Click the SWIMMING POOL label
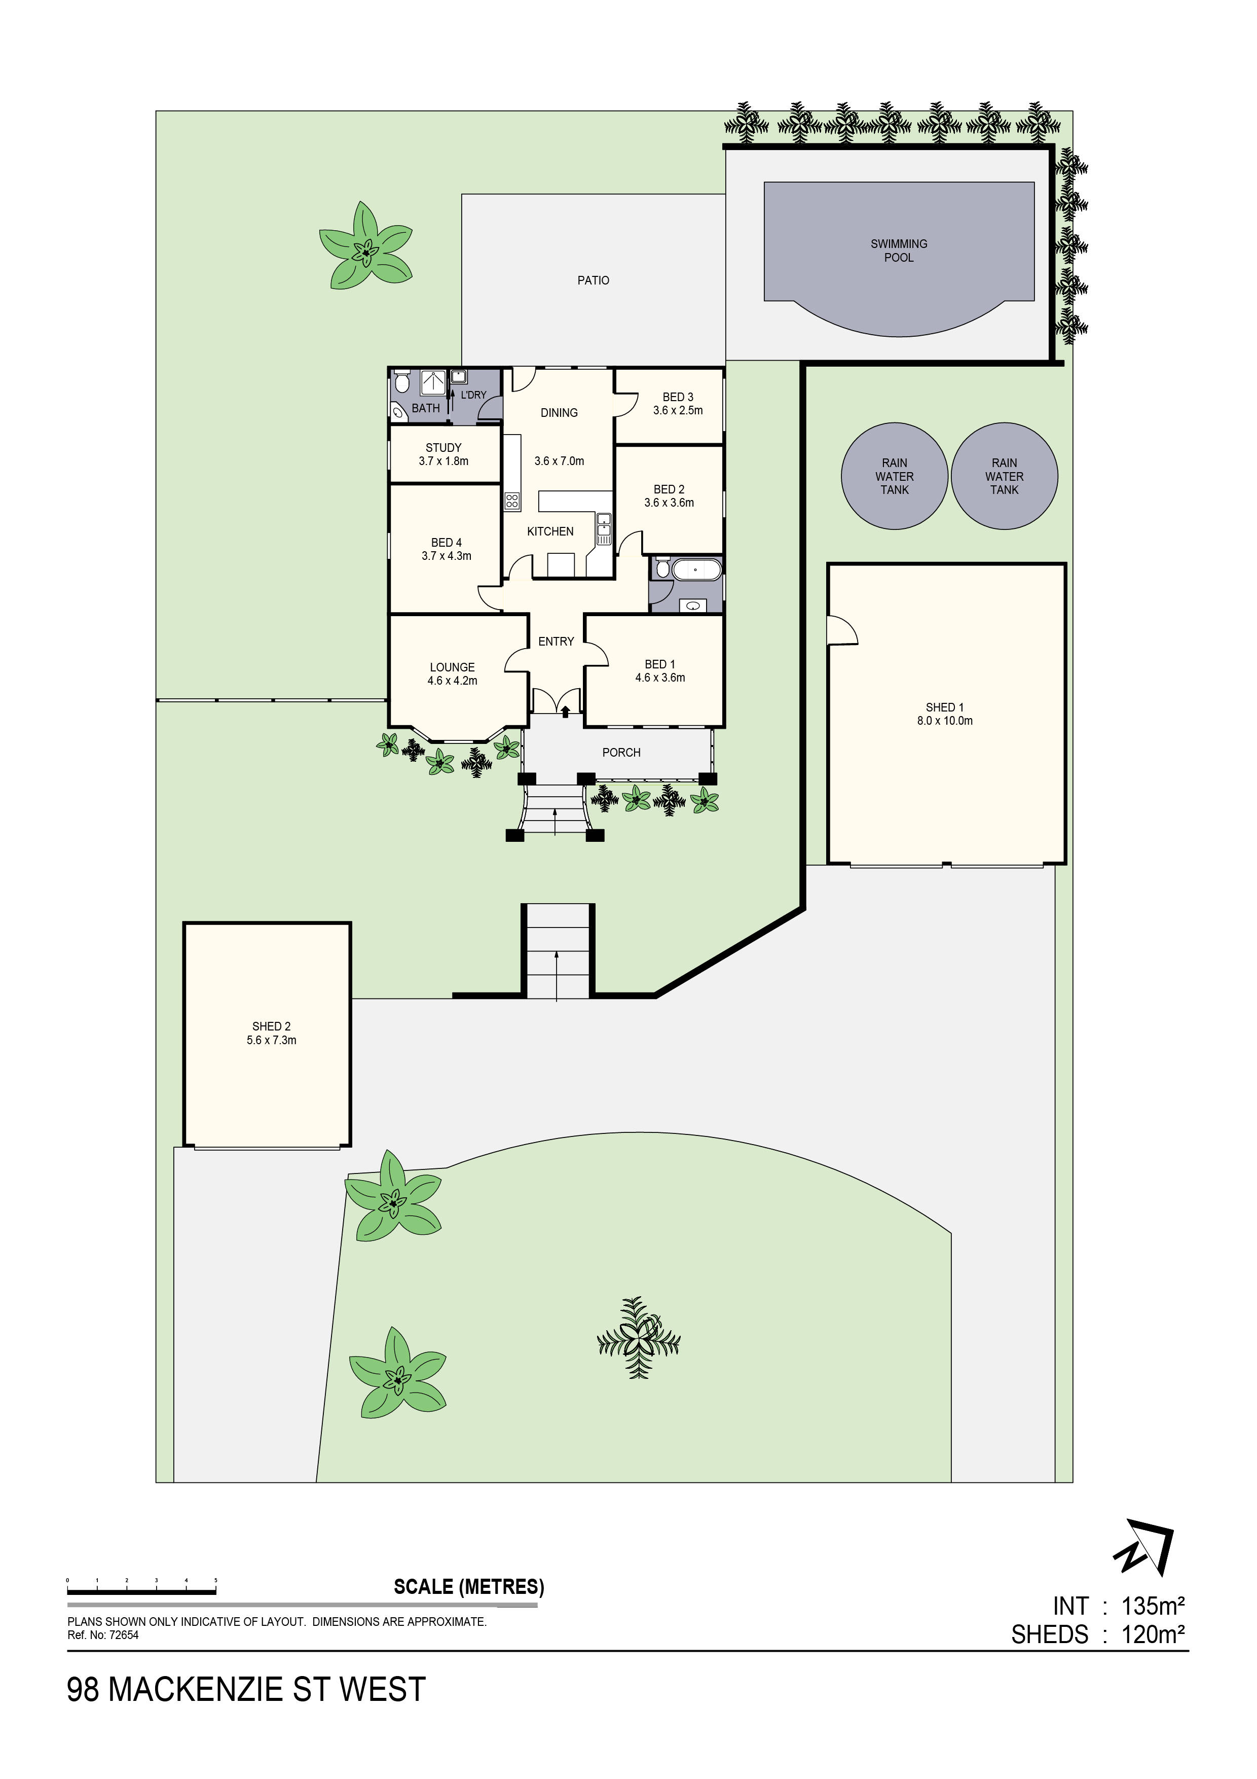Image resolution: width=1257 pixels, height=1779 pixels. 899,251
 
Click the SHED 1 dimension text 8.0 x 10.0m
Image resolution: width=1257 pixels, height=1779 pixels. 944,721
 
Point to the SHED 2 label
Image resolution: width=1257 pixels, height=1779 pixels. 271,1026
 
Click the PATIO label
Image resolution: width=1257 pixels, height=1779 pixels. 593,280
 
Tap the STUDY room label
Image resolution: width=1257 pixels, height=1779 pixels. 443,448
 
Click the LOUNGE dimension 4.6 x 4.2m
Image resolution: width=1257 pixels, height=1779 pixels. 452,681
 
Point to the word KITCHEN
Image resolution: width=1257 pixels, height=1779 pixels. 550,531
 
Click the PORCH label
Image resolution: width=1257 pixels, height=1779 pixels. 621,753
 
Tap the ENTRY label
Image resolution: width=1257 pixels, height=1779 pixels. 556,642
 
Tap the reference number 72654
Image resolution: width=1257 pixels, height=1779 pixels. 123,1635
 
